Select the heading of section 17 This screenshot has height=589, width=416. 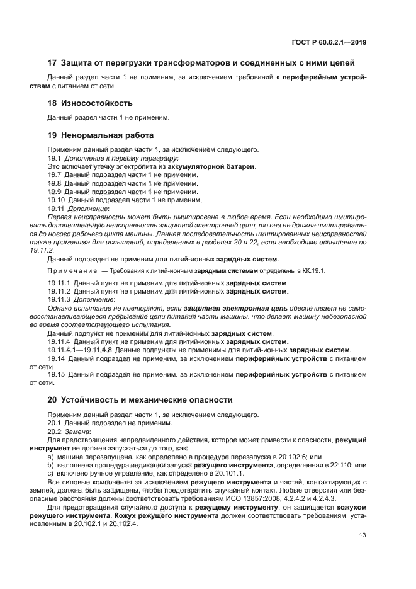(201, 62)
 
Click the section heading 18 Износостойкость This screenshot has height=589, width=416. (90, 103)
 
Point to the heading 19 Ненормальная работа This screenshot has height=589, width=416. (101, 135)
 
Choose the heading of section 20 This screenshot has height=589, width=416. (140, 399)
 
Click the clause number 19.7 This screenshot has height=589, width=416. (55, 174)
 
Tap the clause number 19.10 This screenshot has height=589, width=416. (57, 199)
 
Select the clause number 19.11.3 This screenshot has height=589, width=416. (59, 299)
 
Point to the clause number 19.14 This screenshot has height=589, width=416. (57, 358)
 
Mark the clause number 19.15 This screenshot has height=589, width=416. (57, 374)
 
